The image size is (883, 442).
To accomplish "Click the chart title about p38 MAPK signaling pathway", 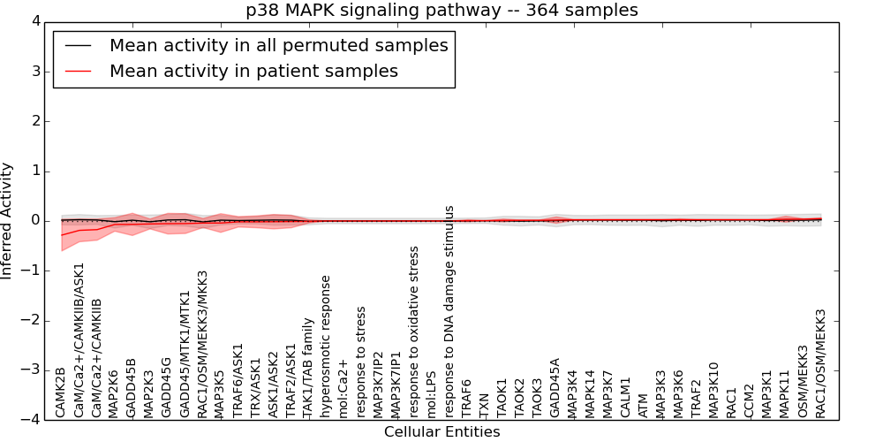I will coord(441,11).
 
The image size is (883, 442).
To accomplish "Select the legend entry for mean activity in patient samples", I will coord(253,71).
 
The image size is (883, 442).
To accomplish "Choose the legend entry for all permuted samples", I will coord(278,45).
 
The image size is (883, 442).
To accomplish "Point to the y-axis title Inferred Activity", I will coord(8,221).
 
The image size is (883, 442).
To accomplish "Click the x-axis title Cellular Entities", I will coord(441,432).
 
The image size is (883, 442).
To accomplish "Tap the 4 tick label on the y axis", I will coord(35,21).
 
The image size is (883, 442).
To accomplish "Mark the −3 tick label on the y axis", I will coord(32,370).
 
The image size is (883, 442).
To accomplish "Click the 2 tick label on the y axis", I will coord(35,121).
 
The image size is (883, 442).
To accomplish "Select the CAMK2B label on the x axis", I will coord(61,392).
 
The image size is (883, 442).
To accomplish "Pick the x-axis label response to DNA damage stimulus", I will coord(449,310).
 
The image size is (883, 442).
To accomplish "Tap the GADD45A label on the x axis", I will coord(555,387).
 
